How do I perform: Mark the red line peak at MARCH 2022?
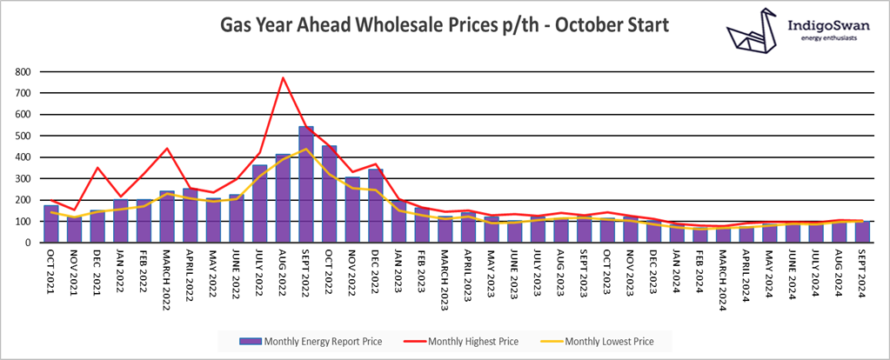pos(167,149)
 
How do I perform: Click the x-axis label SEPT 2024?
pos(862,273)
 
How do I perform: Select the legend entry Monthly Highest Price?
pos(467,341)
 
